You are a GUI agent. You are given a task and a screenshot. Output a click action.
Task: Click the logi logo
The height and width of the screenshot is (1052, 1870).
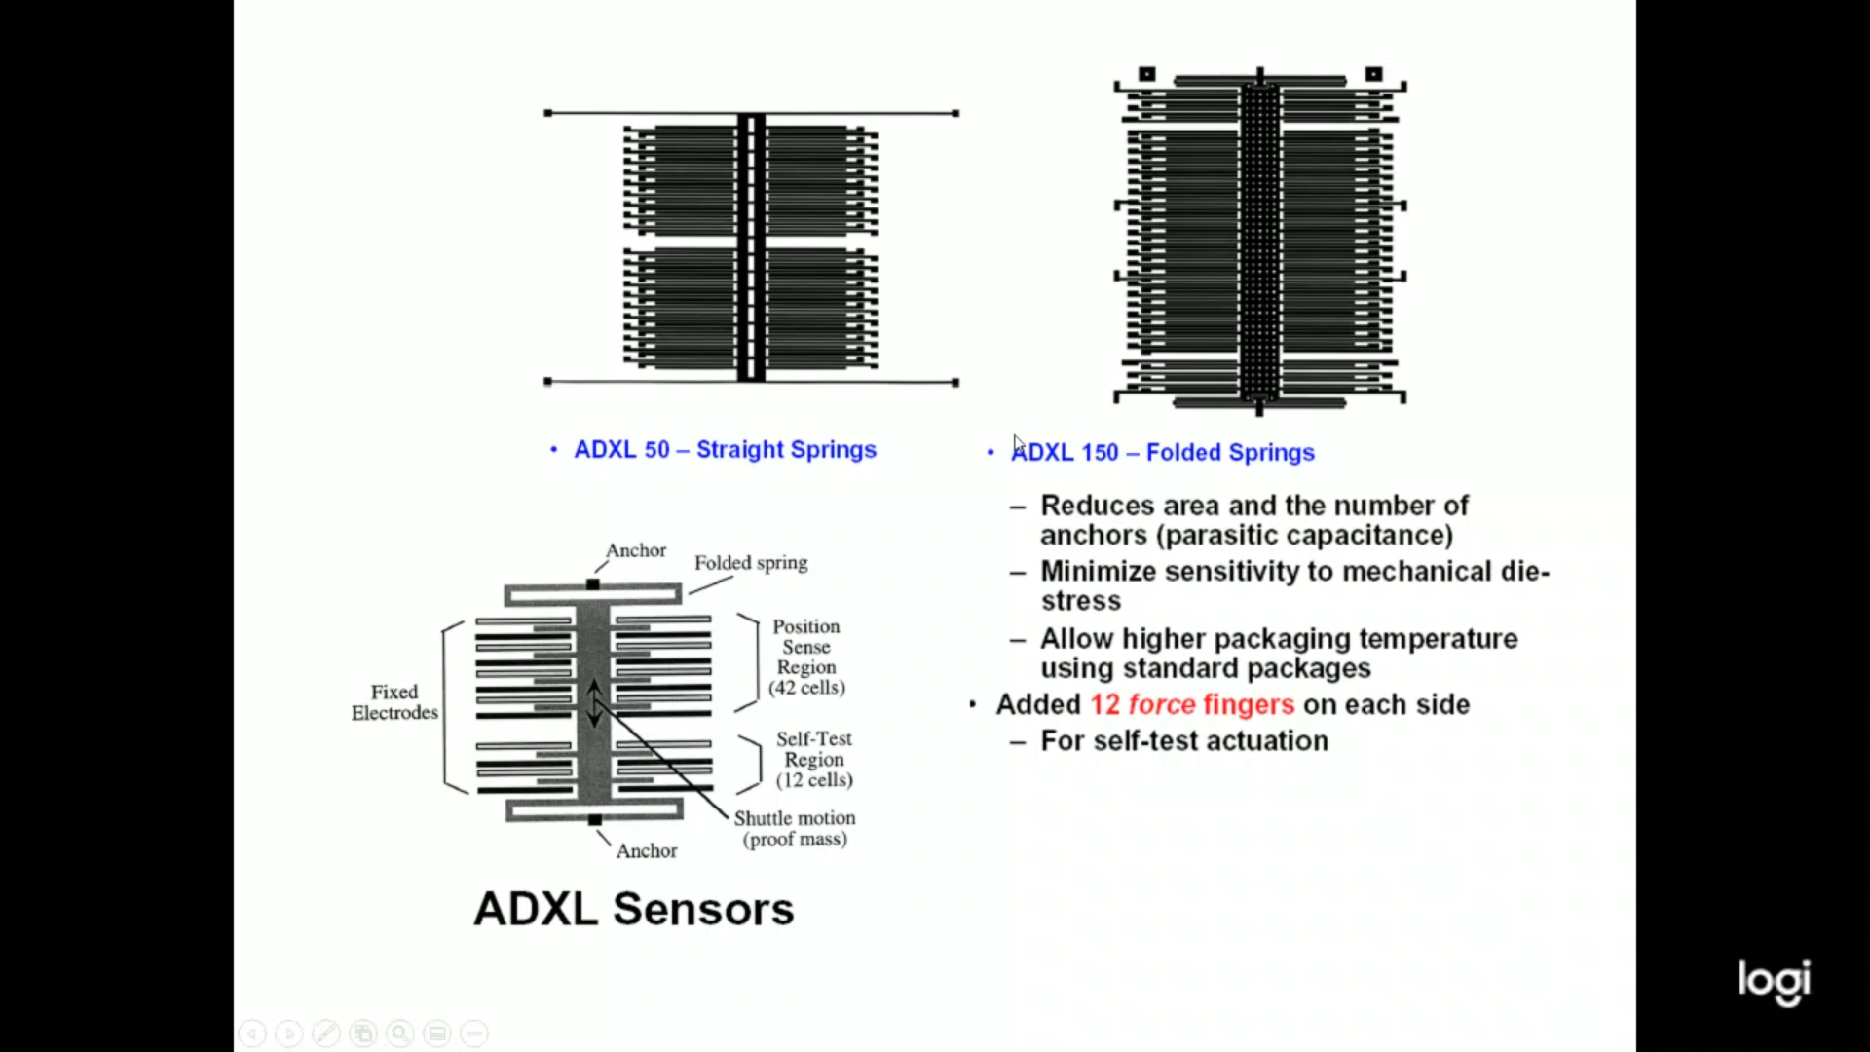pyautogui.click(x=1775, y=982)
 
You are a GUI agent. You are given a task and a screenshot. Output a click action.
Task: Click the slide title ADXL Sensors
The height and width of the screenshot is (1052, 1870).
pyautogui.click(x=634, y=909)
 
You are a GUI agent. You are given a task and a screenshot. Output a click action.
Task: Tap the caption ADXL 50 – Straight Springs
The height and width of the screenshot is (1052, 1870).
pyautogui.click(x=726, y=450)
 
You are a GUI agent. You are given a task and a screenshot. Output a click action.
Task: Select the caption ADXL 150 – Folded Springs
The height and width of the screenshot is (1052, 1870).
pyautogui.click(x=1163, y=453)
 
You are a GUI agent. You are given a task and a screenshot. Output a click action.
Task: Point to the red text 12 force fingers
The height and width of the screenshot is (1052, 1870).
pyautogui.click(x=1192, y=704)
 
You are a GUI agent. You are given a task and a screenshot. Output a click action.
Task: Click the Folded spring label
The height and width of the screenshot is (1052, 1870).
pyautogui.click(x=751, y=563)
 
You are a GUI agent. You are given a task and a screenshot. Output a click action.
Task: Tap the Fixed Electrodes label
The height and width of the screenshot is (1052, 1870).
pyautogui.click(x=394, y=702)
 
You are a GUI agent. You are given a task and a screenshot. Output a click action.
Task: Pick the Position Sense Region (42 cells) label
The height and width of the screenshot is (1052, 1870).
pyautogui.click(x=806, y=657)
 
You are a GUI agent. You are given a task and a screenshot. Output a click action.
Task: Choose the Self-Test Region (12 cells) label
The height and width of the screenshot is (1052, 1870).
pyautogui.click(x=814, y=760)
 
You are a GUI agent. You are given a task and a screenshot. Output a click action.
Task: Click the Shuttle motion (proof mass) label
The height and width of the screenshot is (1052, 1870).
pyautogui.click(x=795, y=829)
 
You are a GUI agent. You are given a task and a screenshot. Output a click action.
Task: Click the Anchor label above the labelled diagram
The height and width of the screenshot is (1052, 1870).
pyautogui.click(x=636, y=550)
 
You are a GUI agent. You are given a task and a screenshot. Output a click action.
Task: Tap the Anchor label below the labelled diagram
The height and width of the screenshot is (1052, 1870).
pyautogui.click(x=647, y=851)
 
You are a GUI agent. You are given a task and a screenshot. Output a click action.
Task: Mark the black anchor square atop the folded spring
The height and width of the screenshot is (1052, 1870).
pyautogui.click(x=593, y=584)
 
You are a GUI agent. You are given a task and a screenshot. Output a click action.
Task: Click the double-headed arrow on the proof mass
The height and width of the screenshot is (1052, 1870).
pyautogui.click(x=594, y=703)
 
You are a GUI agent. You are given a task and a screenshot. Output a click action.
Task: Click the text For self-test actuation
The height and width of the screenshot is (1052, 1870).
pyautogui.click(x=1184, y=741)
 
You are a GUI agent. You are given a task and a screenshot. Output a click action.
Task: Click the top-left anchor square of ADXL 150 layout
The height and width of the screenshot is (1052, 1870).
pyautogui.click(x=1147, y=74)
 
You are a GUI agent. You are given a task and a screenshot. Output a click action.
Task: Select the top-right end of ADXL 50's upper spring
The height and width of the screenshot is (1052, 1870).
pyautogui.click(x=955, y=113)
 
